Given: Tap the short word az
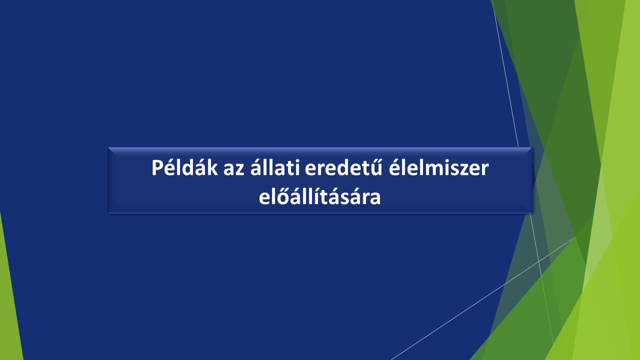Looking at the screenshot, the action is click(233, 169).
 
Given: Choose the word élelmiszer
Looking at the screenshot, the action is click(438, 167).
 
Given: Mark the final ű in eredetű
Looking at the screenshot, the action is click(375, 167).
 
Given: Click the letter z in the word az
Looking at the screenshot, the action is click(240, 169).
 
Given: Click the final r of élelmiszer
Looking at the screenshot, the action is click(485, 169).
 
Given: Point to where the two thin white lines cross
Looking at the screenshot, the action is click(539, 261).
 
